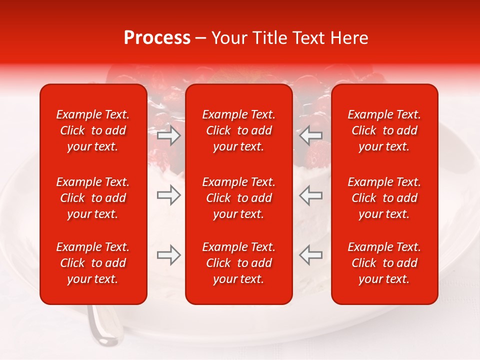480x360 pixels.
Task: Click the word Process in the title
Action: click(157, 37)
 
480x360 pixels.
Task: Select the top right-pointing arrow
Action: click(169, 135)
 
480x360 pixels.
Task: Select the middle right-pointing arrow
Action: click(169, 195)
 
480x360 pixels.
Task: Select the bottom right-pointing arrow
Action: click(169, 255)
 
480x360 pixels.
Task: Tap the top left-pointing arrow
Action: click(310, 135)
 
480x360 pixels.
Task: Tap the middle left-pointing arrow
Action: click(310, 195)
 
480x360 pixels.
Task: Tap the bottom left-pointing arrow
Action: click(310, 255)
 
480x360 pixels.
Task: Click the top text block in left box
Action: click(93, 130)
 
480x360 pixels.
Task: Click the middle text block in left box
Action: click(93, 198)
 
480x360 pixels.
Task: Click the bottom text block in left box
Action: click(93, 263)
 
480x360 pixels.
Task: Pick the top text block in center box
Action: click(238, 130)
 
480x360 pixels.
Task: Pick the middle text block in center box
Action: click(238, 198)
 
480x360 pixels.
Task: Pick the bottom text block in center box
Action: click(238, 263)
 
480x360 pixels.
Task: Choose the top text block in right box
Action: click(384, 130)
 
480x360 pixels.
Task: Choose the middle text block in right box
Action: click(384, 198)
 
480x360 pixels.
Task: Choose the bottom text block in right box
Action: click(384, 263)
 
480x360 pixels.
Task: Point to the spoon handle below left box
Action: click(102, 325)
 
